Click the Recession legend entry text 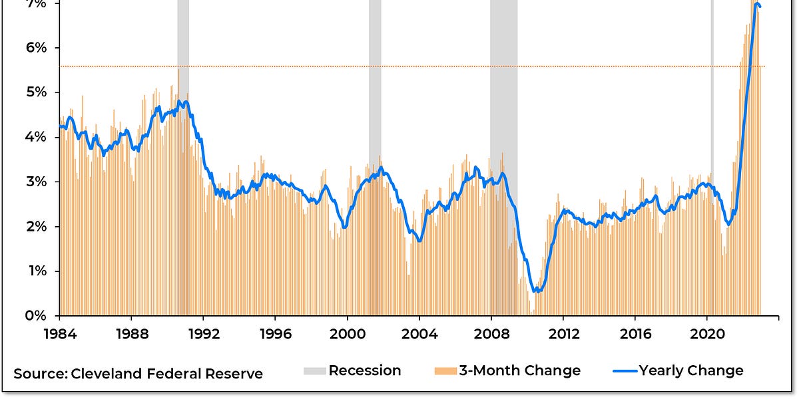click(x=365, y=371)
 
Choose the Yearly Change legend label click(x=690, y=371)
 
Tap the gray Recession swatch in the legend click(x=314, y=371)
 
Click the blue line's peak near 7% click(x=757, y=5)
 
